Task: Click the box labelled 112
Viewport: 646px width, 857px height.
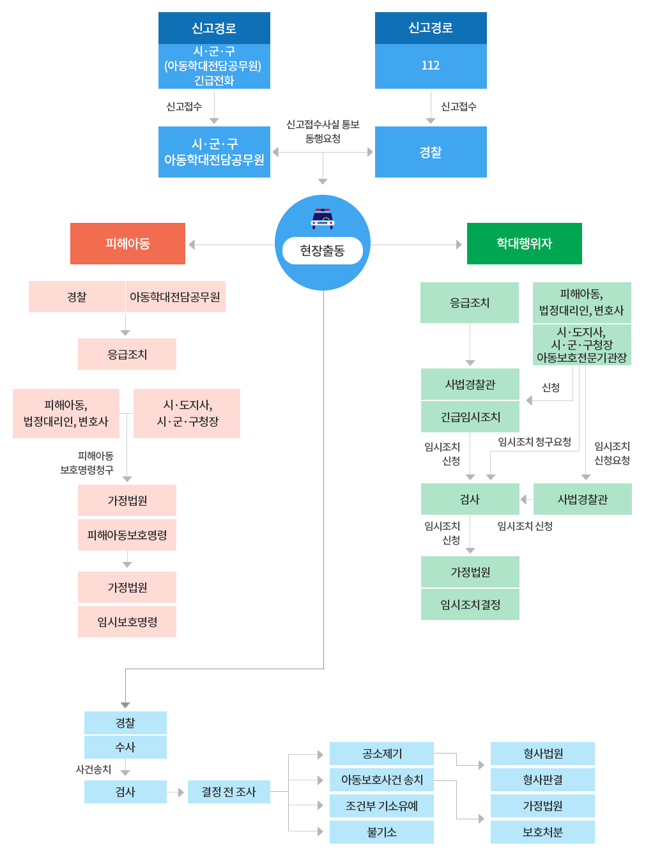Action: tap(430, 66)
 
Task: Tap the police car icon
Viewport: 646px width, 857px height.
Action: tap(323, 218)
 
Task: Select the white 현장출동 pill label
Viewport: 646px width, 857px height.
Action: tap(323, 250)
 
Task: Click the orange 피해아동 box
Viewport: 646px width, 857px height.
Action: tap(128, 243)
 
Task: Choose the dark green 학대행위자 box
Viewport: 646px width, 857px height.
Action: tap(524, 243)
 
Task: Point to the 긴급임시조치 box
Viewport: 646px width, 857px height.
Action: tap(470, 417)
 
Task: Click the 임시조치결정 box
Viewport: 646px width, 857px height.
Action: tap(470, 604)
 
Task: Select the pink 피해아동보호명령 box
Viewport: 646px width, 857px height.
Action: tap(127, 535)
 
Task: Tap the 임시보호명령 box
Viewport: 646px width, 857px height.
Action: tap(127, 622)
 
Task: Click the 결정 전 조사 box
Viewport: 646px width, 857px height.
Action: tap(229, 792)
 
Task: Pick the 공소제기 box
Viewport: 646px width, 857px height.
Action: tap(381, 754)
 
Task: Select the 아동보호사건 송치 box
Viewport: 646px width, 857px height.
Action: tap(381, 780)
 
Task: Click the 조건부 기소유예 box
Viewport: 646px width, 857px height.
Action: tap(381, 806)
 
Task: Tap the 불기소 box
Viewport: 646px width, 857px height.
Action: tap(381, 832)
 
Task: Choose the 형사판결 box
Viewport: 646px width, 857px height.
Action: tap(542, 780)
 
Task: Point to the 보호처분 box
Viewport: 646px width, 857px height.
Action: tap(542, 832)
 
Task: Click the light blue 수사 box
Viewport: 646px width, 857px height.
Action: tap(125, 747)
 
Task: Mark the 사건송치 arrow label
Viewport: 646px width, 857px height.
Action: tap(93, 770)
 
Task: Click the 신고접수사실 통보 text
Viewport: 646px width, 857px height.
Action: tap(323, 125)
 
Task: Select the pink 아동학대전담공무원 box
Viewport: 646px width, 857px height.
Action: tap(175, 297)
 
